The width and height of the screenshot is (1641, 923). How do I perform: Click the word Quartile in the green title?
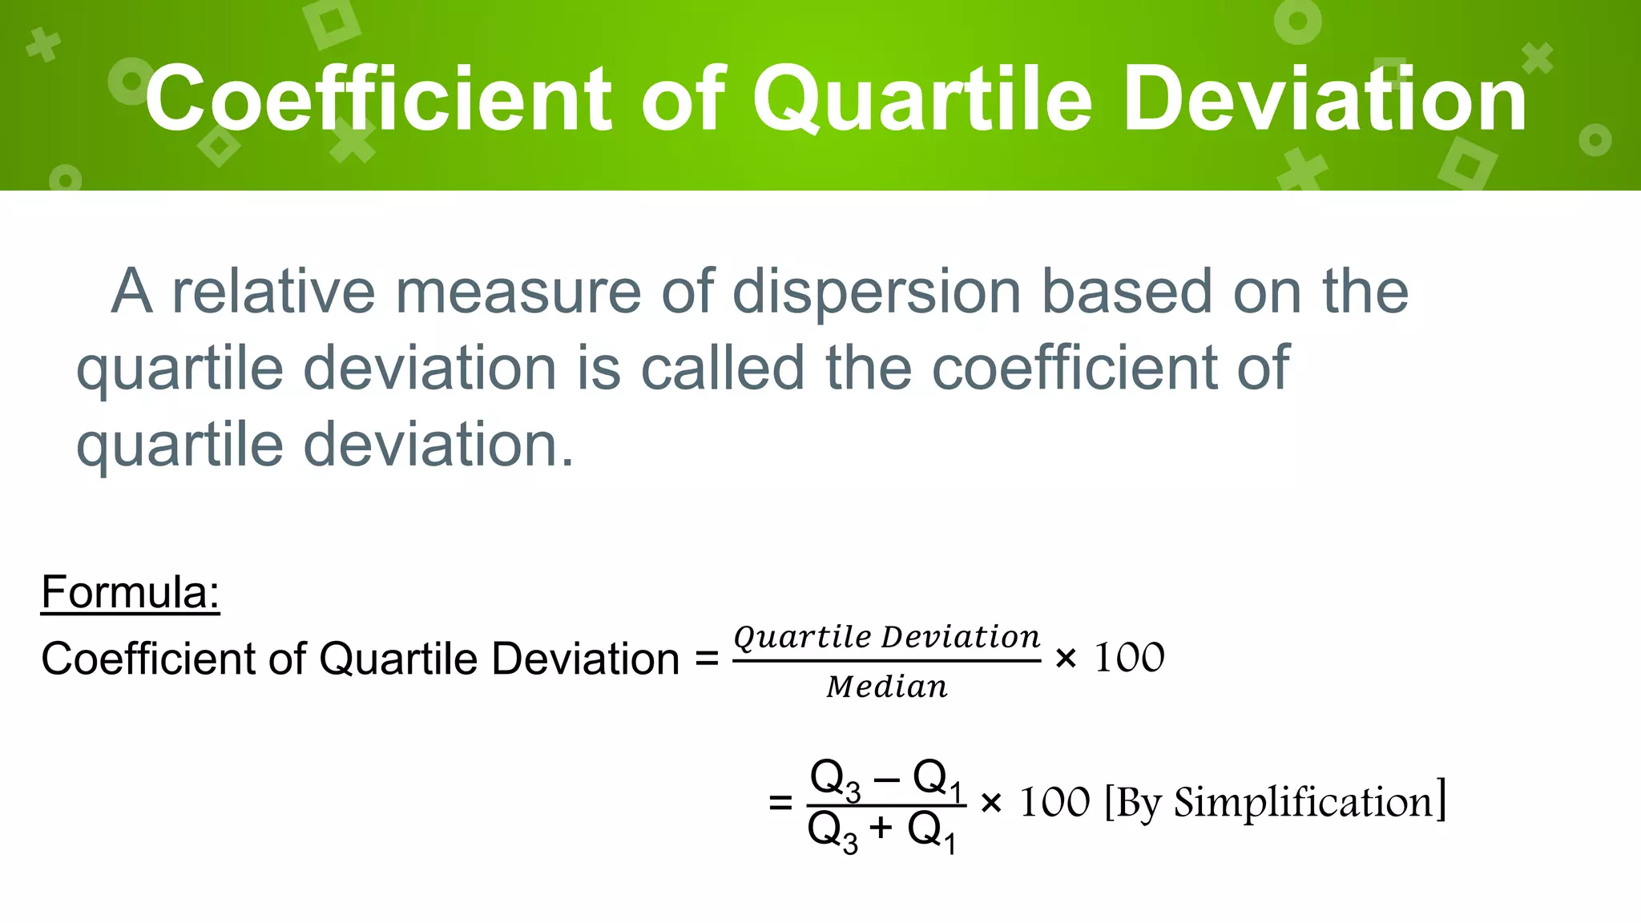(x=921, y=100)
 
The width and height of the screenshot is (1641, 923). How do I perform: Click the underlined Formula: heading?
(x=130, y=593)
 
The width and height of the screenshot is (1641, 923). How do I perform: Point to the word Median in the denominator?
(x=887, y=687)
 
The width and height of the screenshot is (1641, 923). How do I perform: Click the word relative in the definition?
(x=273, y=292)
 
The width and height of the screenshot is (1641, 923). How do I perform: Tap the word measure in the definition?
(x=518, y=292)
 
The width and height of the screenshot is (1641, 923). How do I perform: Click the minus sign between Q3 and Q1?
(x=886, y=778)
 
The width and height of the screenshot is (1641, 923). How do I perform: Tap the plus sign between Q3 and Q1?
(x=881, y=828)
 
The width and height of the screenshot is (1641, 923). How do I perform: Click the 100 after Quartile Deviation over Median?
(x=1129, y=659)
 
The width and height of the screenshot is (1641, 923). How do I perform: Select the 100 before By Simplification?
(x=1054, y=803)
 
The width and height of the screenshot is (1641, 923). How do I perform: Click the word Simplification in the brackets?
(x=1304, y=803)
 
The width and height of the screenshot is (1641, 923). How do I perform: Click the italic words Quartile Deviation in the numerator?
(x=887, y=638)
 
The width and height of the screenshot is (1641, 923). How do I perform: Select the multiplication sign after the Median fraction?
(x=1066, y=659)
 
